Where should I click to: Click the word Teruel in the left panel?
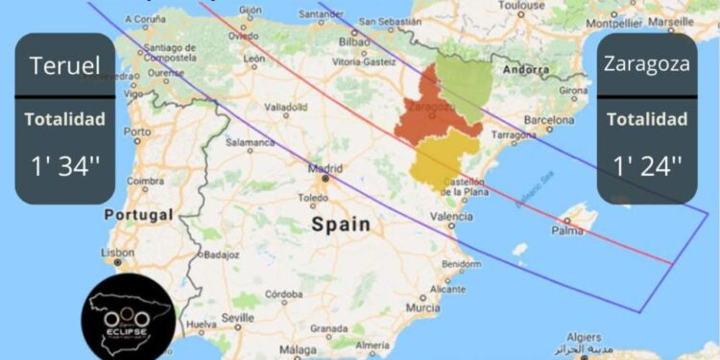pyautogui.click(x=65, y=66)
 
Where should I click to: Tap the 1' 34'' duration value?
pyautogui.click(x=65, y=165)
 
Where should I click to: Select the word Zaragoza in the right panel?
pyautogui.click(x=646, y=65)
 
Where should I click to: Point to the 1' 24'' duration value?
pyautogui.click(x=646, y=165)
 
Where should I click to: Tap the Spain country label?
pyautogui.click(x=340, y=225)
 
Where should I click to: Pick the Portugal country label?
pyautogui.click(x=139, y=214)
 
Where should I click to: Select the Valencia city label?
pyautogui.click(x=451, y=217)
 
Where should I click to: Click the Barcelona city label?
pyautogui.click(x=549, y=121)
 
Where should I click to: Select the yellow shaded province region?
pyautogui.click(x=443, y=157)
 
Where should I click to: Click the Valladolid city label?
pyautogui.click(x=284, y=107)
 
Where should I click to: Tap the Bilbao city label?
pyautogui.click(x=354, y=42)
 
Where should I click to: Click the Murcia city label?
pyautogui.click(x=422, y=308)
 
